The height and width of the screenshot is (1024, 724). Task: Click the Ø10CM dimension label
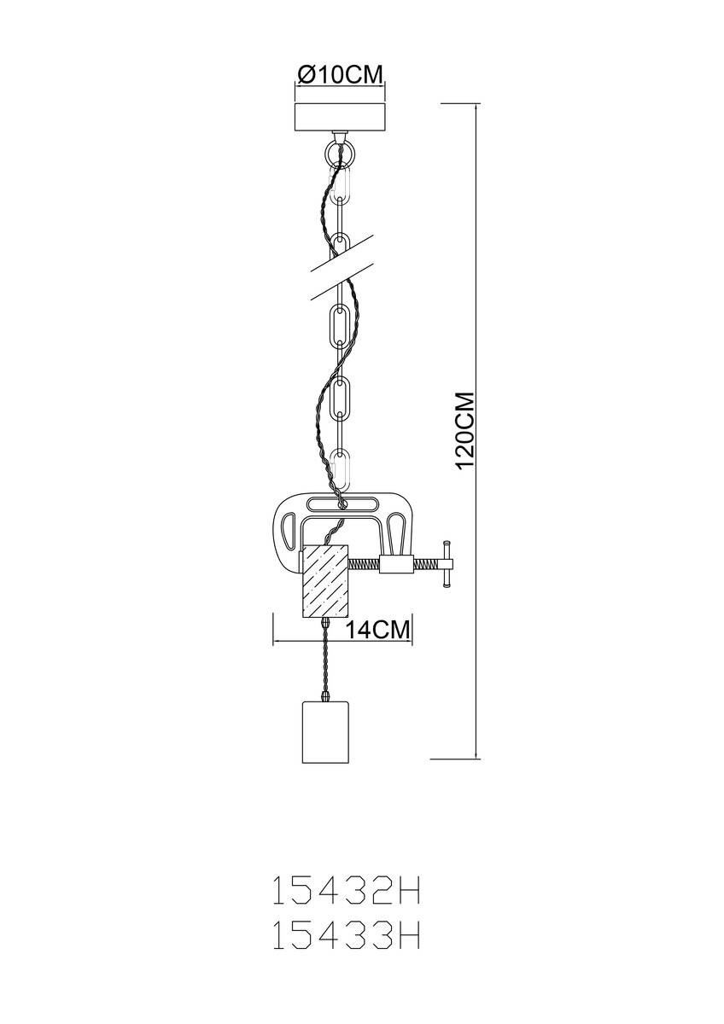339,75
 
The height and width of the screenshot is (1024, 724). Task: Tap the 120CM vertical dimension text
466,430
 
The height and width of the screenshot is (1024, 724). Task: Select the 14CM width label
377,631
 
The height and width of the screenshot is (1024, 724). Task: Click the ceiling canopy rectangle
339,118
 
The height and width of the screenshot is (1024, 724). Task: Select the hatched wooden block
325,580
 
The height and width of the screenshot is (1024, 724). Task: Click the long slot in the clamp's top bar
342,504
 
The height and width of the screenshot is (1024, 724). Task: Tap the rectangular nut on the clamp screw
398,565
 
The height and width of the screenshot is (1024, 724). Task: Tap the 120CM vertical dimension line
477,431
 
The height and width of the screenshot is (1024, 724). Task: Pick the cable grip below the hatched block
325,622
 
